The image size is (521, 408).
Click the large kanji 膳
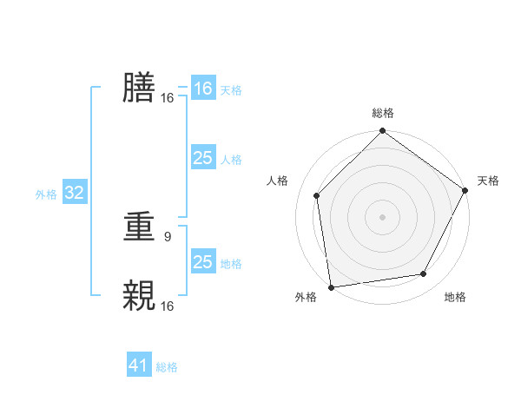[139, 88]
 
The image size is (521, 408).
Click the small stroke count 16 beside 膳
[167, 98]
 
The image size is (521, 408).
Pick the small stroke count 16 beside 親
[167, 306]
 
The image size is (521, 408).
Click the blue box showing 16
[202, 89]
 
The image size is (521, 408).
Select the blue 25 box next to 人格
[202, 158]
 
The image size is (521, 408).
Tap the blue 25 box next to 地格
[202, 262]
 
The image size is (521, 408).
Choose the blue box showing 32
[74, 193]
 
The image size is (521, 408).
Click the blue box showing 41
[139, 365]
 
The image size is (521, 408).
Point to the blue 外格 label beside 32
[46, 194]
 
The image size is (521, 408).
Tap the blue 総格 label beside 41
[167, 367]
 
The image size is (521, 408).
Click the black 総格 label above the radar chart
[383, 113]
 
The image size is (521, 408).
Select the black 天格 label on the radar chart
[488, 181]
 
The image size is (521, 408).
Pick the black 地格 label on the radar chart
[455, 298]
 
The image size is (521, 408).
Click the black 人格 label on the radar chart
[278, 181]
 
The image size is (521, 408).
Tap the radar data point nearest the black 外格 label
[331, 286]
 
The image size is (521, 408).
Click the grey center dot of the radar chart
[382, 216]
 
